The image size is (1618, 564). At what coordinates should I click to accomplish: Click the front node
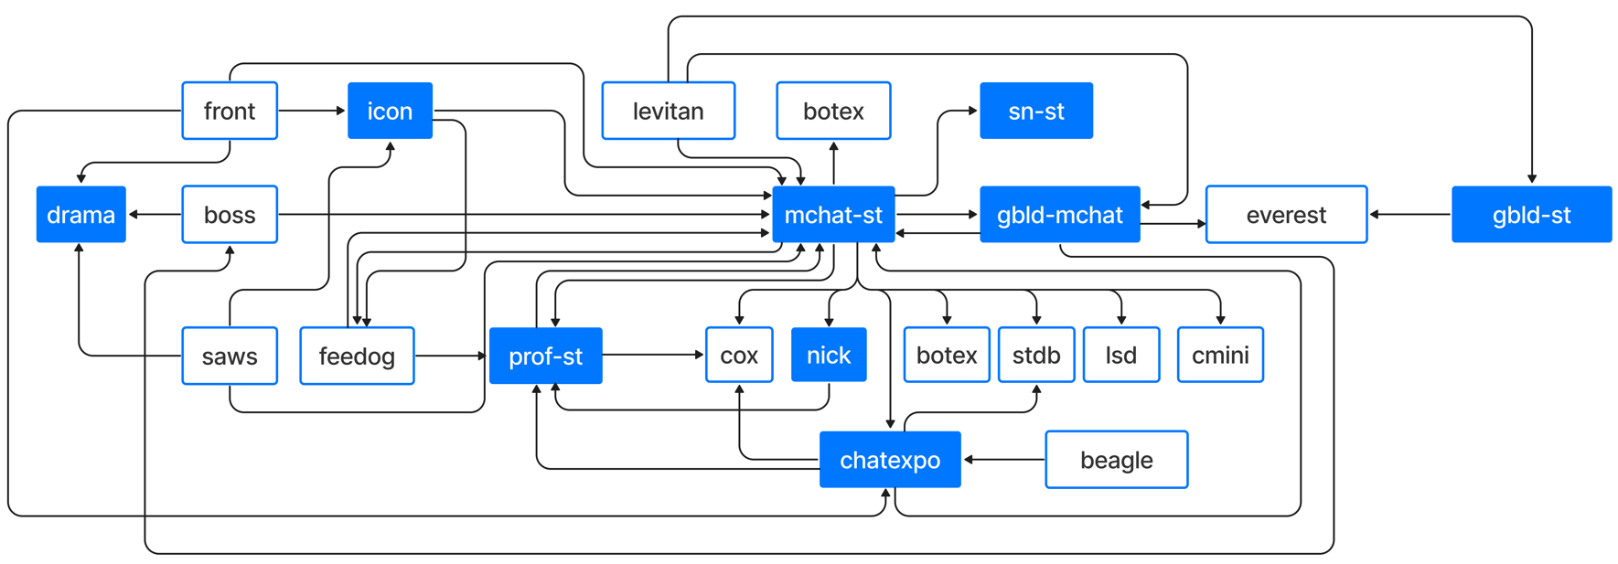point(230,111)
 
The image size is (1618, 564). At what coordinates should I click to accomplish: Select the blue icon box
point(390,111)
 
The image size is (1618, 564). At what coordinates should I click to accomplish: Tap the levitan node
point(669,111)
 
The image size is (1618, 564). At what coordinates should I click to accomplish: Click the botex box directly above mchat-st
point(833,111)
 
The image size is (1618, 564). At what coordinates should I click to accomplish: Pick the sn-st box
point(1036,111)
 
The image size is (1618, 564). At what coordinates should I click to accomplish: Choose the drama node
point(81,215)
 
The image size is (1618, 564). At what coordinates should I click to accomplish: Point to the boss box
point(230,215)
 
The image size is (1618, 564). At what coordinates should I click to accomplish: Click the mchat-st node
point(833,215)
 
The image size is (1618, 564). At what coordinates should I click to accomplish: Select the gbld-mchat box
point(1060,215)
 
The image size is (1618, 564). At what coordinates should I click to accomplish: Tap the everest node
point(1286,215)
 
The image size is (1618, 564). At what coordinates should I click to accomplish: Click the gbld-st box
point(1531,215)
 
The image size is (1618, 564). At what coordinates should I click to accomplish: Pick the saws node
point(230,356)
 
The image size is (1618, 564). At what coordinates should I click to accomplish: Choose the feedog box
point(357,356)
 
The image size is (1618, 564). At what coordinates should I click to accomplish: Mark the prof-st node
point(546,356)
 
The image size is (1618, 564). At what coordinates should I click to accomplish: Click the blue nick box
point(829,355)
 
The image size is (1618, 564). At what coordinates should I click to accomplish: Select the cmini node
point(1220,355)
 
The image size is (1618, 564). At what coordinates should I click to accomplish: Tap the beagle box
point(1117,460)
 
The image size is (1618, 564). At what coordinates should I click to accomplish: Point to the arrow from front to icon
point(312,111)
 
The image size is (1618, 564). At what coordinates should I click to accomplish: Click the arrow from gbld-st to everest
point(1410,215)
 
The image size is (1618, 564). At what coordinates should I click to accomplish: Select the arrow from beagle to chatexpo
point(1004,460)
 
